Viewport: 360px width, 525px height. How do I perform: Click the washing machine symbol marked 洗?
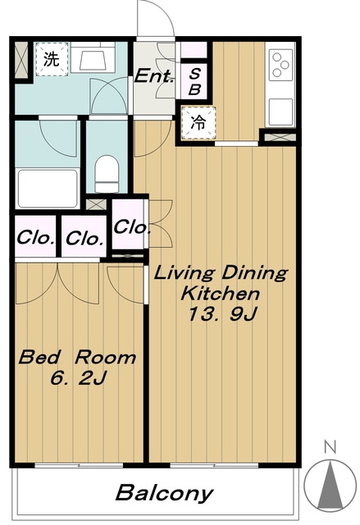point(52,59)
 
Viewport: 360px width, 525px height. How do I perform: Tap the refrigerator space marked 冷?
point(198,123)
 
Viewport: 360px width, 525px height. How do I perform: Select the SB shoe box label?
point(194,81)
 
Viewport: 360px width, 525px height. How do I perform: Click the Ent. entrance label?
point(154,76)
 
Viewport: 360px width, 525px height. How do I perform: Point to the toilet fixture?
point(107,174)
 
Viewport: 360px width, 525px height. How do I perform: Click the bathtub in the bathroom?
point(48,189)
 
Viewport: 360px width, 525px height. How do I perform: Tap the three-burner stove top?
point(280,65)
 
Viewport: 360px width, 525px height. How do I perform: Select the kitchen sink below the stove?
point(280,112)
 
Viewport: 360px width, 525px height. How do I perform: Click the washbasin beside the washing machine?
point(93,57)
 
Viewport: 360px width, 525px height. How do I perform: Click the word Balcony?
point(164,493)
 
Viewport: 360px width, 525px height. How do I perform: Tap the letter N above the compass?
point(330,447)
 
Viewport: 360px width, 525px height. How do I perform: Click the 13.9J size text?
point(222,313)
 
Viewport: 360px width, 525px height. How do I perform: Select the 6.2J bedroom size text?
point(78,377)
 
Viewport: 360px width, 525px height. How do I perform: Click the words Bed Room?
point(77,358)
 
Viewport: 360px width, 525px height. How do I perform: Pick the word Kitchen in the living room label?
point(221,294)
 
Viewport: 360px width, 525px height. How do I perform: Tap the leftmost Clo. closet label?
point(35,239)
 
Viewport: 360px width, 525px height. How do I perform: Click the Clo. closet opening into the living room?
point(131,227)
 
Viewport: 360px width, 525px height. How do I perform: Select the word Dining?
point(254,273)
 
